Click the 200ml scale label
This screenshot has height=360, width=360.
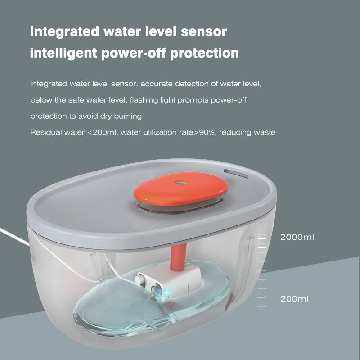pyautogui.click(x=294, y=298)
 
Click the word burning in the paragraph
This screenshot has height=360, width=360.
pyautogui.click(x=127, y=116)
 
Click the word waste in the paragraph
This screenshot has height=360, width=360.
pyautogui.click(x=265, y=132)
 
